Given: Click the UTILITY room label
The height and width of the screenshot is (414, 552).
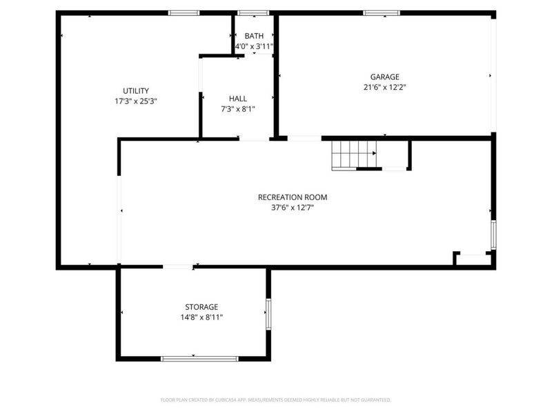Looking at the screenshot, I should pos(136,90).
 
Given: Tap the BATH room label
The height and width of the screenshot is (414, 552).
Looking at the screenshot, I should pos(254,37).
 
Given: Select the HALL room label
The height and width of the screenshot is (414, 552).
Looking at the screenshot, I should pos(238,99).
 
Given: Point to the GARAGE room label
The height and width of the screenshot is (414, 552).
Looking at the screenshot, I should pos(384,77).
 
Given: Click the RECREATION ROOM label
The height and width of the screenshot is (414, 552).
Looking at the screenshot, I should pos(293,197).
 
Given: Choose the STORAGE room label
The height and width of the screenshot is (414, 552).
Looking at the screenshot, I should pos(201,307).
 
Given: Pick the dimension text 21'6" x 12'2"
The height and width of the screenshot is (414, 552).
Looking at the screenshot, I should pos(384,87).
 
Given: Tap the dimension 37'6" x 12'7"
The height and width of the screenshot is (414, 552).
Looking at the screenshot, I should pos(293,207).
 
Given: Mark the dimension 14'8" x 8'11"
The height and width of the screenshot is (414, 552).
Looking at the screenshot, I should pos(201,317).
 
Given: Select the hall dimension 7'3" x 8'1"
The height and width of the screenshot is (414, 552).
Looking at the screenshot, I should pos(238,108).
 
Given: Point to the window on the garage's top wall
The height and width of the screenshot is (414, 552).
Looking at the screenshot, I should pos(382,12).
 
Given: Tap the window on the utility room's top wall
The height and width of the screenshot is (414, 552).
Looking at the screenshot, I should pos(184,12).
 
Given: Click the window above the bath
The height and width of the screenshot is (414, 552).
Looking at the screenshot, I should pos(253,12).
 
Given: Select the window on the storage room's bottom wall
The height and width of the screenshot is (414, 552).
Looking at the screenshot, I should pos(199,358).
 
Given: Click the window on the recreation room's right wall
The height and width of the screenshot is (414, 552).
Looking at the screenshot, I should pos(493,235).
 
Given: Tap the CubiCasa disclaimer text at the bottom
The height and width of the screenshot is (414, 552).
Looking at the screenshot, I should pos(276,400).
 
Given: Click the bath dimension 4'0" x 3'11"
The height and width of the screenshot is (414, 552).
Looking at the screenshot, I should pos(254,46).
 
